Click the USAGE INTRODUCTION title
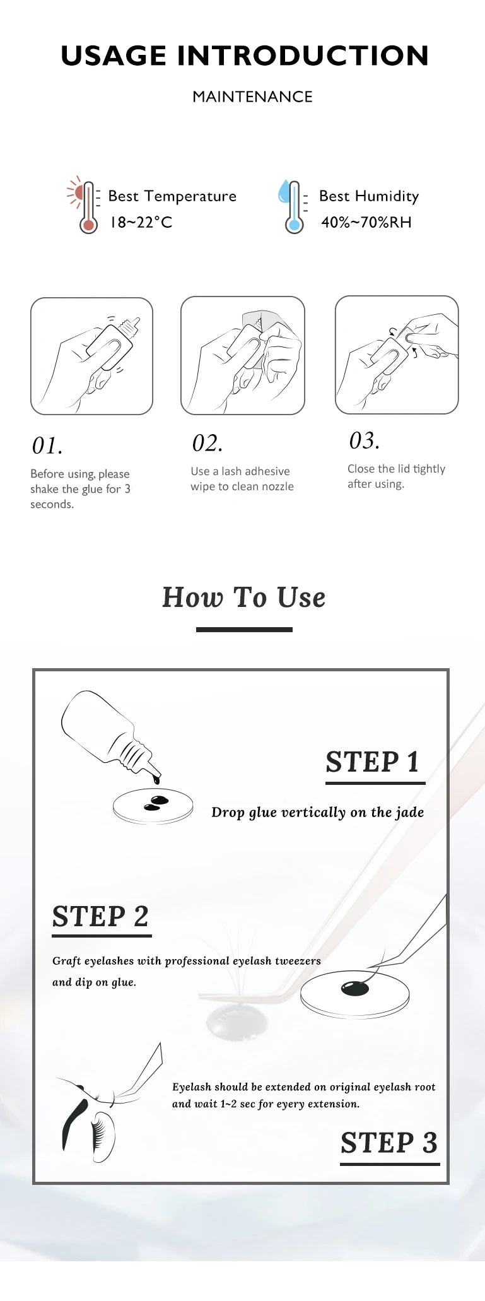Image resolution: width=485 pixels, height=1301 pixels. pyautogui.click(x=245, y=56)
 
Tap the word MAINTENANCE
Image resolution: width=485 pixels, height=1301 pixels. pyautogui.click(x=252, y=97)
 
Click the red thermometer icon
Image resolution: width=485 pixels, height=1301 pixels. pyautogui.click(x=85, y=204)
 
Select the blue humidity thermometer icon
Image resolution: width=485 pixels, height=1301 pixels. pyautogui.click(x=292, y=206)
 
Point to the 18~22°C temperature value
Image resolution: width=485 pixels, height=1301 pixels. pyautogui.click(x=141, y=222)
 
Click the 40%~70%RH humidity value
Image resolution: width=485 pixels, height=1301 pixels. pyautogui.click(x=366, y=222)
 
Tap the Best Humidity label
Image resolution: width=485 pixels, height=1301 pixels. pyautogui.click(x=369, y=196)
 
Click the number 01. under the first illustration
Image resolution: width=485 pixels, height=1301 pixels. pyautogui.click(x=47, y=445)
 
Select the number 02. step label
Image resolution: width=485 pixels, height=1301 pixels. pyautogui.click(x=207, y=443)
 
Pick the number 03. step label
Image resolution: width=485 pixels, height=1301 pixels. pyautogui.click(x=365, y=440)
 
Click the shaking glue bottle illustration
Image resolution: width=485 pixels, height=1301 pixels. pyautogui.click(x=92, y=356)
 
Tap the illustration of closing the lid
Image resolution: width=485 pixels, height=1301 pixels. pyautogui.click(x=397, y=355)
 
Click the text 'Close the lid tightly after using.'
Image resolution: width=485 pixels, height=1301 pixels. pyautogui.click(x=396, y=476)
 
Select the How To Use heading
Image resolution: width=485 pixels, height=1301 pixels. pyautogui.click(x=244, y=597)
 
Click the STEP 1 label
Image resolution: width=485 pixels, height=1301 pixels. pyautogui.click(x=373, y=762)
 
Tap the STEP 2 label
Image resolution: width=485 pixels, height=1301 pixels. pyautogui.click(x=100, y=917)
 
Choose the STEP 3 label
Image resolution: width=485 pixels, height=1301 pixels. pyautogui.click(x=389, y=1143)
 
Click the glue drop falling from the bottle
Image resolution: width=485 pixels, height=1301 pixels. pyautogui.click(x=156, y=780)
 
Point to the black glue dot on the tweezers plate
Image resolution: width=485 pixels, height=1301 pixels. pyautogui.click(x=354, y=988)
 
